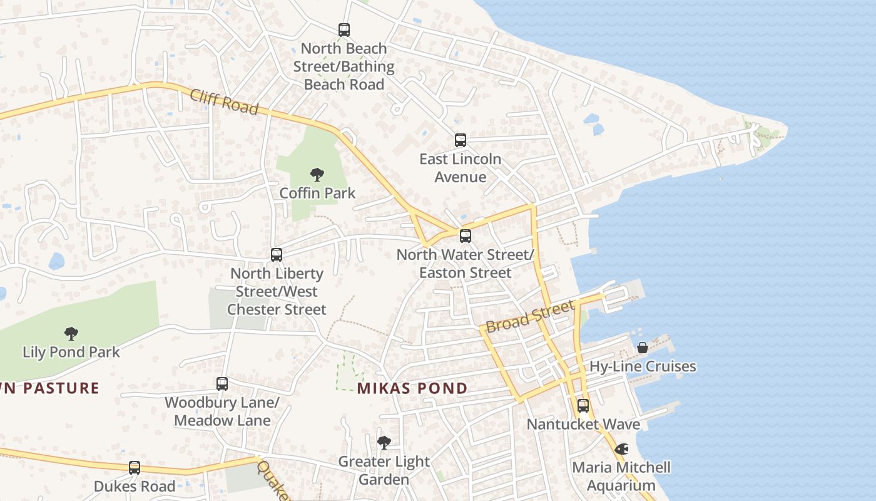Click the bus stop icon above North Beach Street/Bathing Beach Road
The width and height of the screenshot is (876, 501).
(344, 29)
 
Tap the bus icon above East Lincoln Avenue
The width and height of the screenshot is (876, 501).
(461, 140)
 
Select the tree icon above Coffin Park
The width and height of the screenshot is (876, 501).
(317, 175)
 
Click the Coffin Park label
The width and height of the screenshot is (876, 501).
(317, 193)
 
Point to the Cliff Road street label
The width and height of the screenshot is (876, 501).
(224, 101)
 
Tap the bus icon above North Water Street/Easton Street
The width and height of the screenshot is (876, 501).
(465, 236)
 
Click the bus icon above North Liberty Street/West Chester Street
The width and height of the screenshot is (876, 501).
(277, 255)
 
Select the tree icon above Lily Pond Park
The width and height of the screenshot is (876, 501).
(71, 334)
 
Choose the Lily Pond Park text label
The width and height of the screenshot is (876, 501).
(71, 352)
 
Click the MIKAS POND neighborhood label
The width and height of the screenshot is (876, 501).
(412, 388)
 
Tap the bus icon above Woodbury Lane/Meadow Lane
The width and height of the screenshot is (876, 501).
(222, 384)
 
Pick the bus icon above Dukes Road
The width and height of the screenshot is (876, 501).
(135, 468)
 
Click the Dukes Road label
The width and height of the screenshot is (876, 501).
(135, 486)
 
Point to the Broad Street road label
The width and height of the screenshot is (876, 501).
(530, 318)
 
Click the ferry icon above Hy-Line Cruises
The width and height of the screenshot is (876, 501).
(643, 348)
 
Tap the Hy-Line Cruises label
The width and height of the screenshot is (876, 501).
(643, 366)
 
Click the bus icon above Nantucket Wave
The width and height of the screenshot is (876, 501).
(583, 406)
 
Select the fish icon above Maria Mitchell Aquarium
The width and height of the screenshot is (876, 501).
(621, 449)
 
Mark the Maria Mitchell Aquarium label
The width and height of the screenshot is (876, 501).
(621, 476)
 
